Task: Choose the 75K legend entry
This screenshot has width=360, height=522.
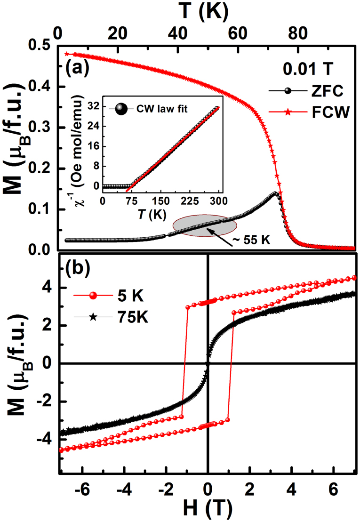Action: tap(113, 318)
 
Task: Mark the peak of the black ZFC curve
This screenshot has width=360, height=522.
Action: tap(276, 193)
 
